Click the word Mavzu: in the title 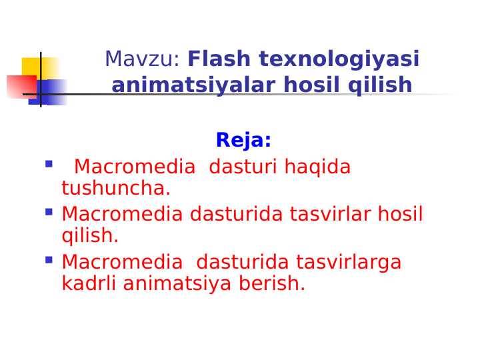click(x=142, y=59)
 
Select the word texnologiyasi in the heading click(x=339, y=59)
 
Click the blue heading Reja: click(x=243, y=141)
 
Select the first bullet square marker click(x=49, y=163)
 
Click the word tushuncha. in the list click(x=116, y=189)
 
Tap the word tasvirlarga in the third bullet click(x=349, y=263)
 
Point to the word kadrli click(x=89, y=284)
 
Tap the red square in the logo click(x=20, y=87)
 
